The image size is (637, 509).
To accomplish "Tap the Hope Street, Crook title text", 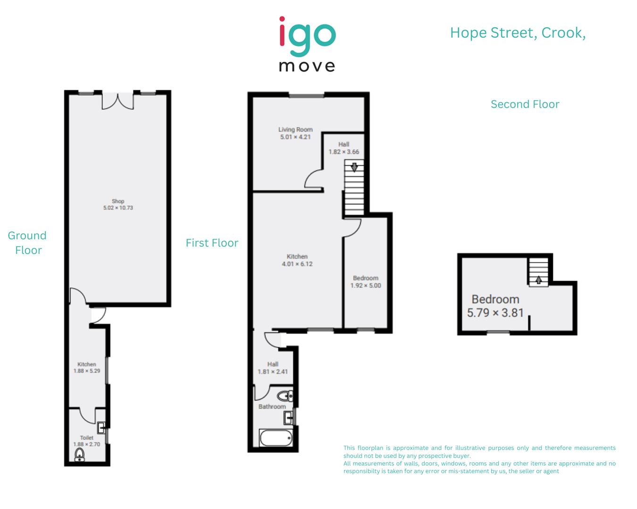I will pyautogui.click(x=518, y=33).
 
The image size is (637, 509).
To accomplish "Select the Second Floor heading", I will pyautogui.click(x=525, y=104).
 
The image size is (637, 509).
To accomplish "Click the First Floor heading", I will pyautogui.click(x=212, y=243).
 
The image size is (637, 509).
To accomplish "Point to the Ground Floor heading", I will pyautogui.click(x=27, y=243).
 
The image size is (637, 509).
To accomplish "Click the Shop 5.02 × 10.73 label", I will pyautogui.click(x=118, y=205).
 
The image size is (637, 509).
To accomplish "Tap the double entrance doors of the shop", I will pyautogui.click(x=118, y=101).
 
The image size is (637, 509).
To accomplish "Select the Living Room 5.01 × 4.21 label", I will pyautogui.click(x=295, y=133).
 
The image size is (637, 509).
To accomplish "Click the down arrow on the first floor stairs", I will pyautogui.click(x=354, y=166).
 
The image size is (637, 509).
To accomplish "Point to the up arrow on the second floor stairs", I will pyautogui.click(x=538, y=279).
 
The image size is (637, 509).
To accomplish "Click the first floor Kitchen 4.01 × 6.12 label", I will pyautogui.click(x=297, y=260).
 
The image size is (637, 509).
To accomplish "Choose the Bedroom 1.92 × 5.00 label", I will pyautogui.click(x=366, y=282).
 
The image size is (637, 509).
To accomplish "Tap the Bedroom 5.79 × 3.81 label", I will pyautogui.click(x=495, y=306).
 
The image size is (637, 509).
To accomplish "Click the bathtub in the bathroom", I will pyautogui.click(x=276, y=438).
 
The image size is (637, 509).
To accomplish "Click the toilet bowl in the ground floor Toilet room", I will pyautogui.click(x=80, y=455).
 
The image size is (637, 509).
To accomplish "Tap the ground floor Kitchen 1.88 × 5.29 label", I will pyautogui.click(x=87, y=368).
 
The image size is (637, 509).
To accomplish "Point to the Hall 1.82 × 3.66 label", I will pyautogui.click(x=344, y=148).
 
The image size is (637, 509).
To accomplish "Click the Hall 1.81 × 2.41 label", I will pyautogui.click(x=273, y=368).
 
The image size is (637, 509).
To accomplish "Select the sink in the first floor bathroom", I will pyautogui.click(x=289, y=417).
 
